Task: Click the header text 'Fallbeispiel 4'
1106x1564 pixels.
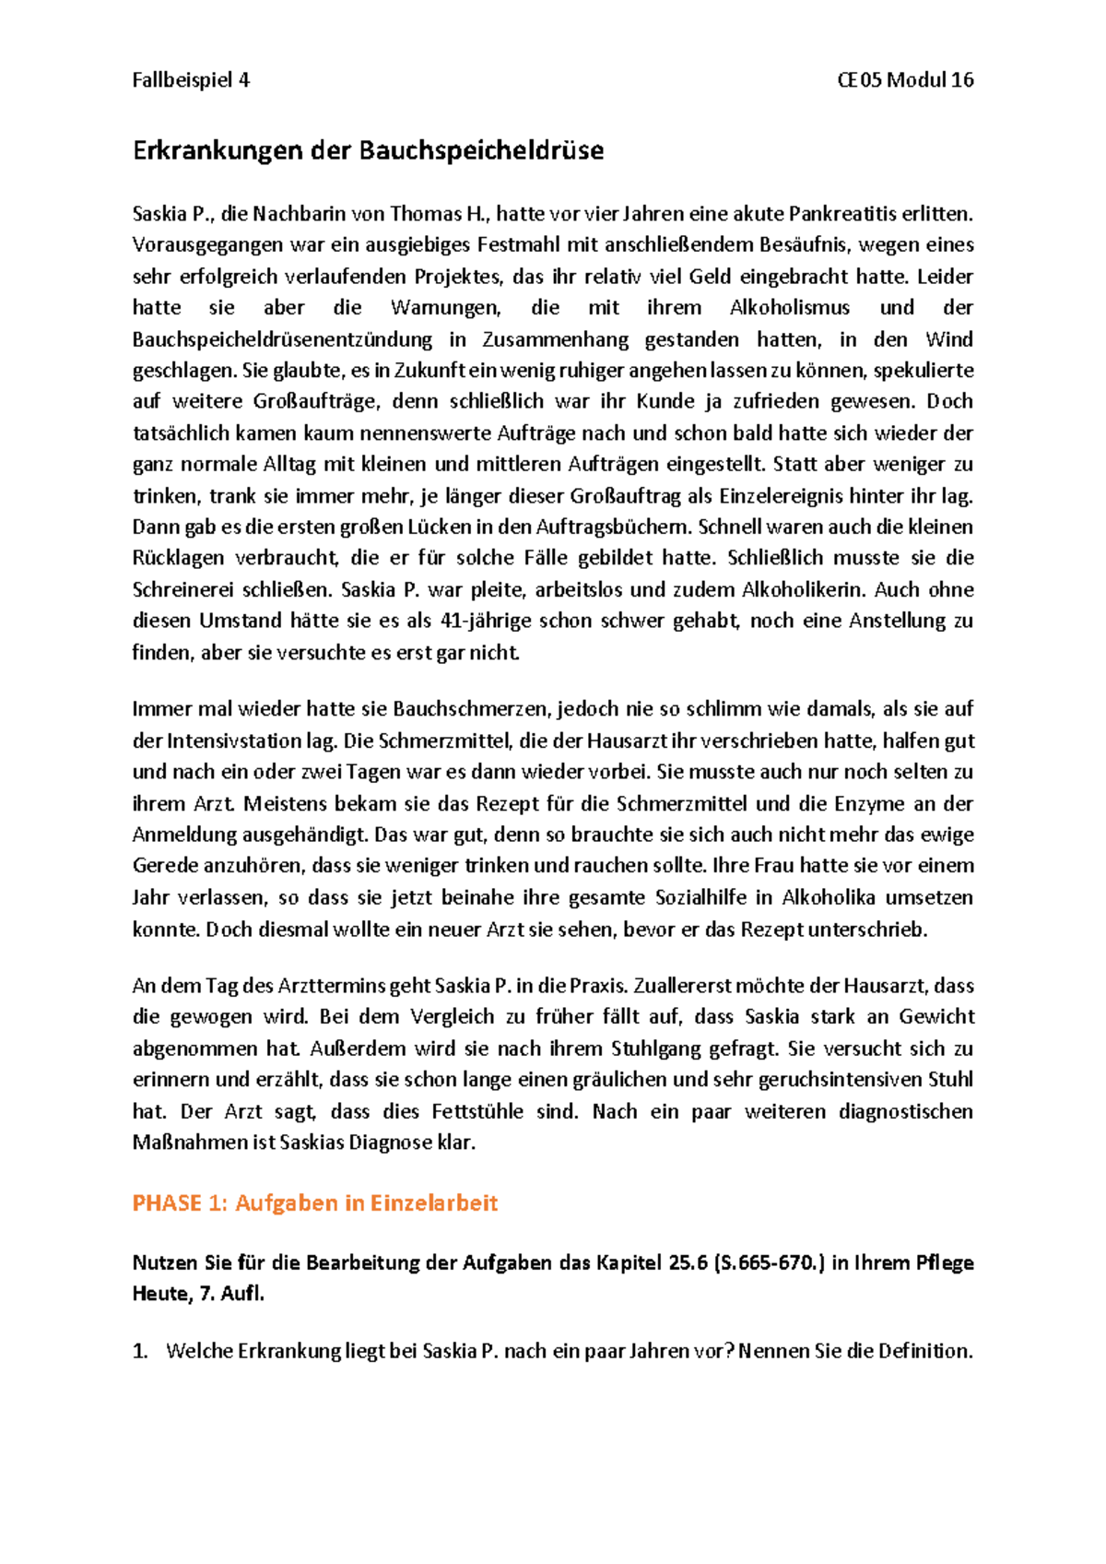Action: click(x=191, y=80)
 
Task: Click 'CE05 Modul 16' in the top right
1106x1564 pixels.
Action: click(x=905, y=80)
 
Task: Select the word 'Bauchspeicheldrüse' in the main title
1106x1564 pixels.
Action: click(x=481, y=151)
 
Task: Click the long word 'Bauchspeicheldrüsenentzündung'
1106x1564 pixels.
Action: click(x=282, y=339)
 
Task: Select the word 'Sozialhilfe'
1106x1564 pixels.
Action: click(x=700, y=898)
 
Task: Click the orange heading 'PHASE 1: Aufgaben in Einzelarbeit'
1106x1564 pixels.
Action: click(x=314, y=1203)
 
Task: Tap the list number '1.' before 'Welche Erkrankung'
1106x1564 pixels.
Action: click(x=140, y=1352)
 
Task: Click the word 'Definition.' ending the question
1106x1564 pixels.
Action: click(x=924, y=1352)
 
